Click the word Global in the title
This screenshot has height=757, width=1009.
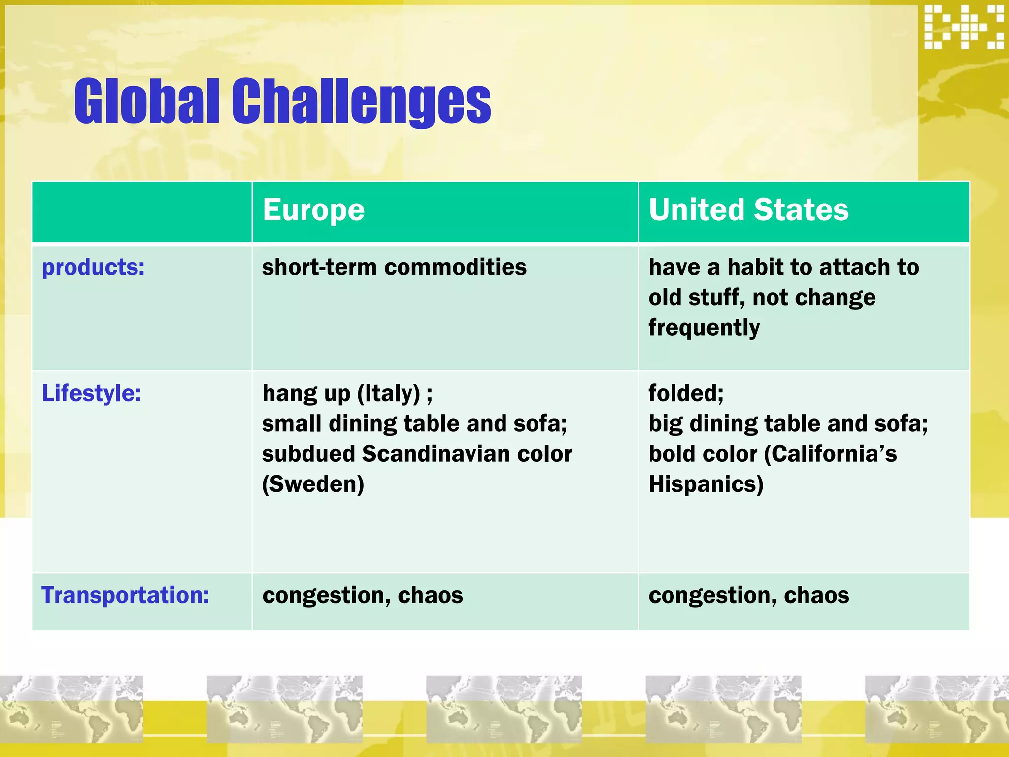tap(146, 102)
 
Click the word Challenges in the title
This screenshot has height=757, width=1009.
tap(361, 102)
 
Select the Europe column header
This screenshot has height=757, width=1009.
tap(313, 210)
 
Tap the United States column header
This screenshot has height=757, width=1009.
tap(748, 210)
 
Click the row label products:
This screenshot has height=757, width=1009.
tap(93, 268)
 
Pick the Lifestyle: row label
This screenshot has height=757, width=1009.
tap(91, 394)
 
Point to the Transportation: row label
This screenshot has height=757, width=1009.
tap(125, 595)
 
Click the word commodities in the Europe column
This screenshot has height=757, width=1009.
tap(455, 268)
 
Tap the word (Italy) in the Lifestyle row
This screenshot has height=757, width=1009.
tap(389, 394)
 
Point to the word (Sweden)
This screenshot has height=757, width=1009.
tap(313, 484)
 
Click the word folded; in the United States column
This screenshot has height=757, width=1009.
tap(685, 394)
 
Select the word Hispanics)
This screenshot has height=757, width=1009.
tap(706, 484)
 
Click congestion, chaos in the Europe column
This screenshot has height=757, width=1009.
tap(362, 595)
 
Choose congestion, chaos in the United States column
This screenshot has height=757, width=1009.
tap(748, 595)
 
